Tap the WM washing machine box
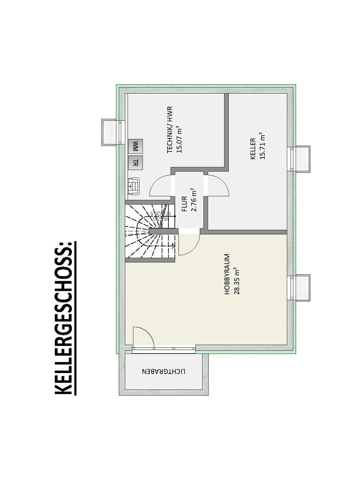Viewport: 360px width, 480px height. [x=135, y=146]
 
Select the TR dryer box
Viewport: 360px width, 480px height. [x=135, y=163]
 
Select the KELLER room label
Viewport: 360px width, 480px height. [x=253, y=149]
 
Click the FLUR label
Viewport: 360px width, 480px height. [x=184, y=204]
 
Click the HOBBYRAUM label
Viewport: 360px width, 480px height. [x=227, y=274]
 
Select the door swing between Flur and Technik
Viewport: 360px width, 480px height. [x=160, y=186]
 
